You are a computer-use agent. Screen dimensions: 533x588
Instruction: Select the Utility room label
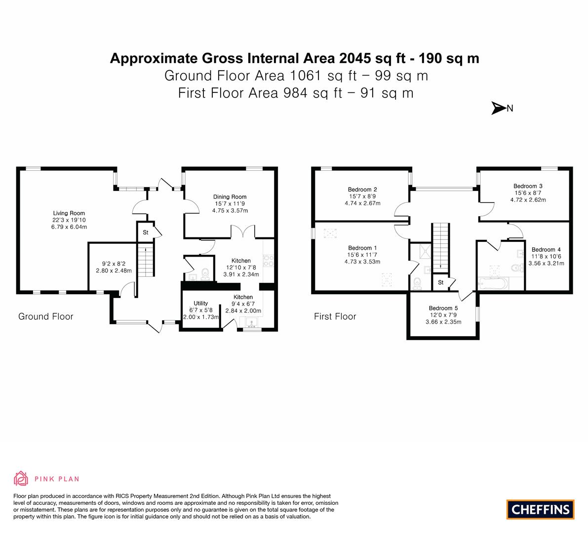pos(200,303)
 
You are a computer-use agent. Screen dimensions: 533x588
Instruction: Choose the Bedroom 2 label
pos(362,190)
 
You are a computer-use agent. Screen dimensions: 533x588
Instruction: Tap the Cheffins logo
pos(540,509)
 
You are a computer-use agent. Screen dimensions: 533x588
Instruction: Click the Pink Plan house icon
pos(21,478)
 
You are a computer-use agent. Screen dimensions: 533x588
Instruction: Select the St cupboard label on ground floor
pos(146,232)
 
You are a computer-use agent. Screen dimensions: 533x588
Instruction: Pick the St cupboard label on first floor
pos(440,283)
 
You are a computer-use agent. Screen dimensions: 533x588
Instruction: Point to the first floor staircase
pos(441,247)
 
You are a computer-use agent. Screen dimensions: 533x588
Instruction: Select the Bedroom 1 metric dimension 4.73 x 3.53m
pos(362,262)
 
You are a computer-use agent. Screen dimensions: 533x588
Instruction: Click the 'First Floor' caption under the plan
pos(335,316)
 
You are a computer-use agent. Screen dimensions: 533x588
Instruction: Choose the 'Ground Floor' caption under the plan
pos(45,316)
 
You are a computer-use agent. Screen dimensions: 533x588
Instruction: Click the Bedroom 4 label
pos(546,250)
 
